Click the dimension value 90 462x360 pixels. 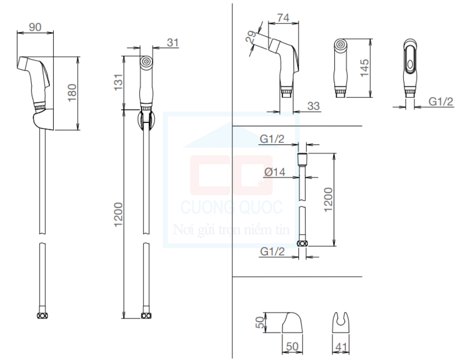pos(35,27)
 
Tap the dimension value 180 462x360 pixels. pos(72,93)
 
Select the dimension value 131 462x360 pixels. pos(118,82)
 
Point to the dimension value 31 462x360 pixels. pos(173,43)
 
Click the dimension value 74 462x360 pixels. pos(283,18)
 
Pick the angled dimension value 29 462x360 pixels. pos(251,37)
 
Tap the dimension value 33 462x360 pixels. pos(314,106)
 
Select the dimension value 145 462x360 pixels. pos(365,68)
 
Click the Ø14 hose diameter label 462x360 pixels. pos(275,172)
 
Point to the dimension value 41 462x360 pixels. pos(341,347)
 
